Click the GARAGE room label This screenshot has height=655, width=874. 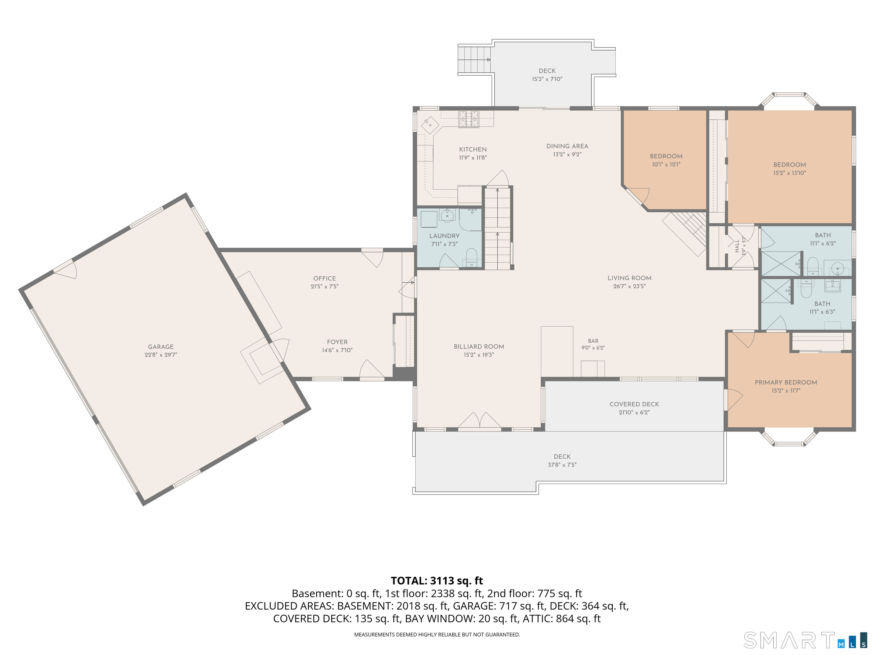point(161,347)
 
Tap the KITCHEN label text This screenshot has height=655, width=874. point(473,149)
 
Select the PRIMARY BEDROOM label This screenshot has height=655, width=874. point(786,382)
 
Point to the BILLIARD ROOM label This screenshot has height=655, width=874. point(479,347)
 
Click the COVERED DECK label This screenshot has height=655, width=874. point(634,404)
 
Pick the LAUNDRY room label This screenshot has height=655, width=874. point(444,236)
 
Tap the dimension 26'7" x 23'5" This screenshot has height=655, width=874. point(629,286)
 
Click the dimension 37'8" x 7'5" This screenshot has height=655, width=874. point(562,465)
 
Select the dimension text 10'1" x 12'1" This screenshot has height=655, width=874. point(666,164)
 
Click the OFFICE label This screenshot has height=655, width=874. point(324,278)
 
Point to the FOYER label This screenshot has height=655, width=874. point(337,342)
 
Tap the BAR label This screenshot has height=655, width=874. point(593,341)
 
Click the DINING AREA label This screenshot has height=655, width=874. point(567,146)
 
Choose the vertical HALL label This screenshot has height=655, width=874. point(737,246)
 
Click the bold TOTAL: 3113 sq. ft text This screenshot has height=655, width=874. point(437,581)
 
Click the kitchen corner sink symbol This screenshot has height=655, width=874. point(430,126)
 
